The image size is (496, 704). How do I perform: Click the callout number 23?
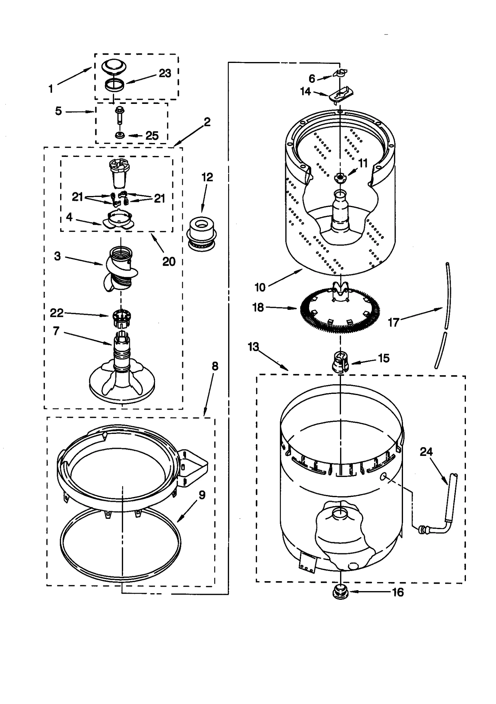(x=165, y=74)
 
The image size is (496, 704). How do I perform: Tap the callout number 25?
(x=152, y=136)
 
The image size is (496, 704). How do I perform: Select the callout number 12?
(x=207, y=177)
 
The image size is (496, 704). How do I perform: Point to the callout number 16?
(x=398, y=592)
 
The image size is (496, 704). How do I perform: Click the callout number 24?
(x=426, y=452)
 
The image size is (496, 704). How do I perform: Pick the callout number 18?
(x=258, y=307)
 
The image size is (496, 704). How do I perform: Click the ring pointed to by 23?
(x=114, y=85)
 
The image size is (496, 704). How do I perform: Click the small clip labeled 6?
(x=340, y=73)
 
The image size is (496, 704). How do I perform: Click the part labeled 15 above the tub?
(x=340, y=361)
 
